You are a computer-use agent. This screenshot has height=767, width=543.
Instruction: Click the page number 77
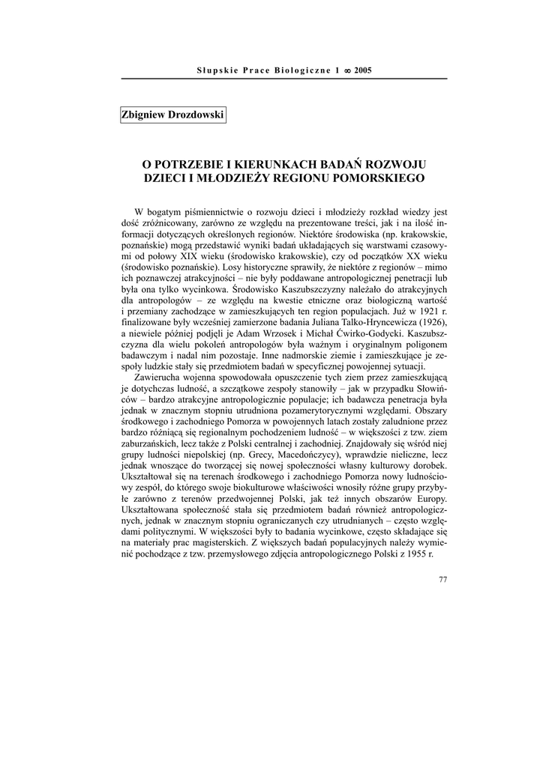(x=442, y=579)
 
